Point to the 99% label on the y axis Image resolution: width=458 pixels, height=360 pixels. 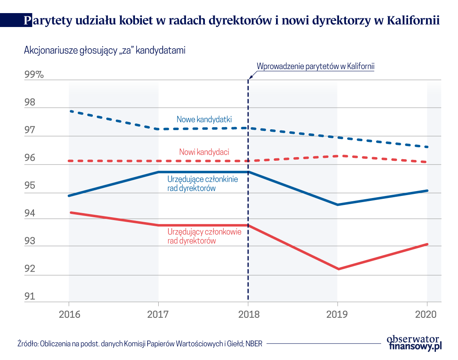coord(36,75)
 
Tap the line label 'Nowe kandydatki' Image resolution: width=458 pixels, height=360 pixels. coord(204,119)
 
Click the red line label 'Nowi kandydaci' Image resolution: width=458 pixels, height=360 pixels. coord(204,152)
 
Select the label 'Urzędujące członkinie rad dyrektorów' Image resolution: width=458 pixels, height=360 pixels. coord(202,184)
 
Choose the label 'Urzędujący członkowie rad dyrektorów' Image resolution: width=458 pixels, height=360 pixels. coord(204,236)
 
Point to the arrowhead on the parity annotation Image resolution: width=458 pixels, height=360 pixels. coord(250,76)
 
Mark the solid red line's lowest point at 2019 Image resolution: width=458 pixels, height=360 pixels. coord(338,269)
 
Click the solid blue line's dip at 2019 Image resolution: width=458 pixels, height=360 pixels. coord(338,205)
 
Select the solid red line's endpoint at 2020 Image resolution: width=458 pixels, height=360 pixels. coord(427,244)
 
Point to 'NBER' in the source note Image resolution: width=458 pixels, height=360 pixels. coord(253,343)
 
